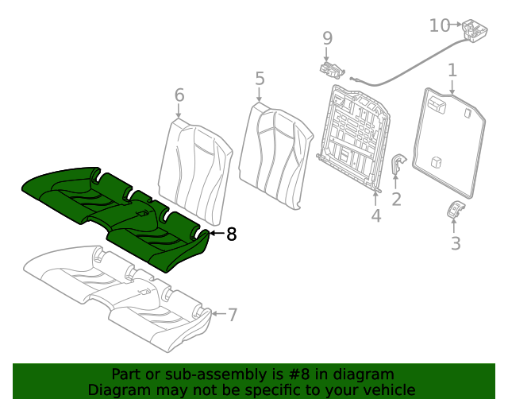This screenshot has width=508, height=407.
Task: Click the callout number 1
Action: click(x=452, y=71)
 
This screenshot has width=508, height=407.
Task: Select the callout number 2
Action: click(x=396, y=199)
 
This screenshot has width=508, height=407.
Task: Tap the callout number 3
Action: click(x=456, y=243)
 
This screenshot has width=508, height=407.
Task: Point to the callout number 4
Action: click(x=376, y=215)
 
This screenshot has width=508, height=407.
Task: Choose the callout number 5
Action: click(x=260, y=78)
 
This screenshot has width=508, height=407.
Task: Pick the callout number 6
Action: click(x=179, y=95)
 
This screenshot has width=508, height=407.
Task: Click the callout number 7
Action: click(x=232, y=315)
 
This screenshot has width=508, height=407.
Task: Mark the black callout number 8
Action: click(x=231, y=235)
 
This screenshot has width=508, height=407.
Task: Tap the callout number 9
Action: click(x=327, y=37)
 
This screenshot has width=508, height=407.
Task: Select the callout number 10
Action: click(x=440, y=25)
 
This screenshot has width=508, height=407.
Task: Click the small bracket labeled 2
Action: click(x=397, y=168)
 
